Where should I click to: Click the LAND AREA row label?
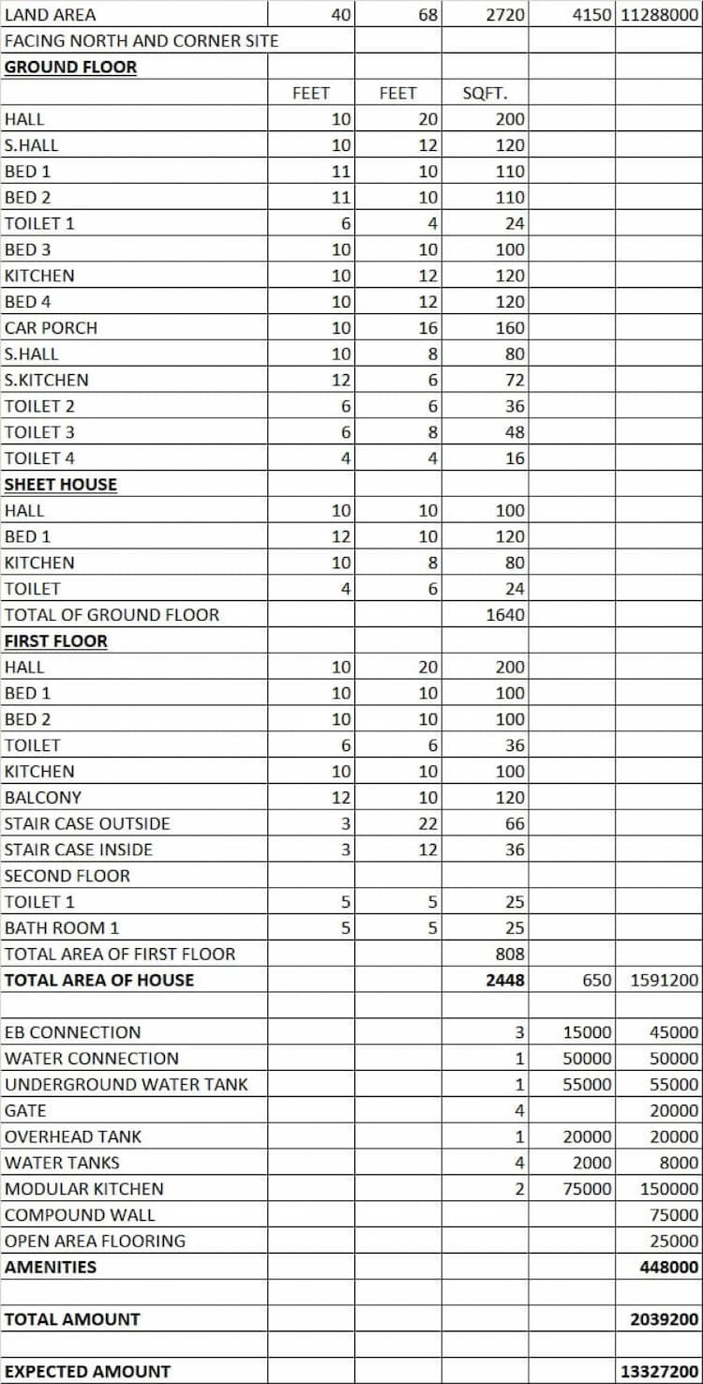(50, 15)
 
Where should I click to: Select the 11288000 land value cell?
(659, 15)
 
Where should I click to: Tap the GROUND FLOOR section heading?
(70, 68)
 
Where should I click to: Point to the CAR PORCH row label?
(51, 328)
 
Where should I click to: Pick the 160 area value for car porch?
(511, 328)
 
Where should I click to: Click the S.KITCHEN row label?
(47, 381)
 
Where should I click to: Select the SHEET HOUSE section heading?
(61, 485)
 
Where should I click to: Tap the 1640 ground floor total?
(505, 615)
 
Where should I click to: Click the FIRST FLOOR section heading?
(56, 641)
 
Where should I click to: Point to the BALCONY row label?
(43, 798)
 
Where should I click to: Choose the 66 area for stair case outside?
(515, 824)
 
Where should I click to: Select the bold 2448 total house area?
(505, 981)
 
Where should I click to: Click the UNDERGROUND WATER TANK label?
(127, 1085)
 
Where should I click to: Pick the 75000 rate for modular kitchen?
(588, 1189)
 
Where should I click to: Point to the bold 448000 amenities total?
(668, 1267)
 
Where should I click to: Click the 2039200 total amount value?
(665, 1319)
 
